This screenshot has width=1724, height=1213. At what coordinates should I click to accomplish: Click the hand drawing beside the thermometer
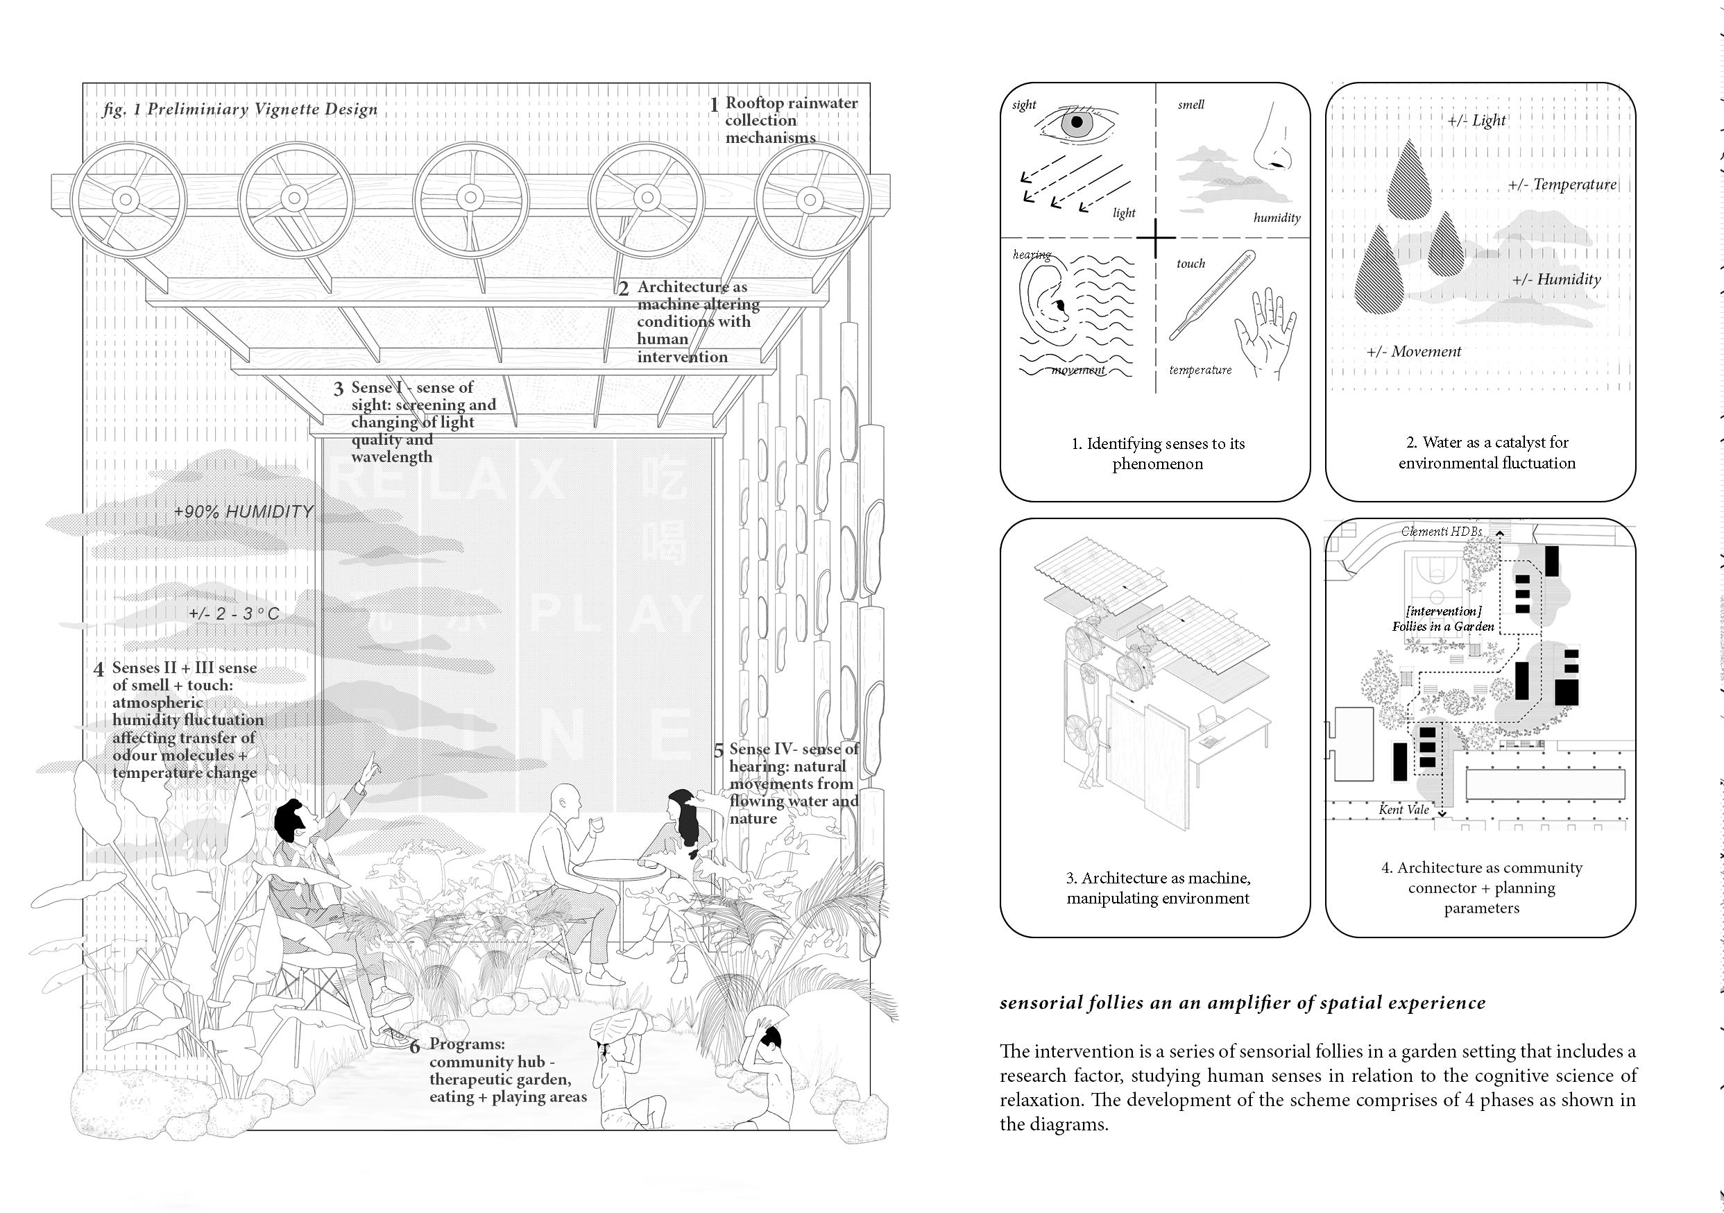pyautogui.click(x=1268, y=330)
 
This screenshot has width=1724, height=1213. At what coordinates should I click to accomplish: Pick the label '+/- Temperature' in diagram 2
pyautogui.click(x=1562, y=185)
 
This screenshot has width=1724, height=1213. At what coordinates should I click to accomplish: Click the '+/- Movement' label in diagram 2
pyautogui.click(x=1414, y=352)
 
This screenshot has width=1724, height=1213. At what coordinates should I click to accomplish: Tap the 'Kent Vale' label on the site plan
pyautogui.click(x=1403, y=810)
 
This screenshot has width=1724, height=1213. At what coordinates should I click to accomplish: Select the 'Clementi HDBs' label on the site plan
pyautogui.click(x=1442, y=532)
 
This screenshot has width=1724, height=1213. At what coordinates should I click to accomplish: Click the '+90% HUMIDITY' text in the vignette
pyautogui.click(x=244, y=512)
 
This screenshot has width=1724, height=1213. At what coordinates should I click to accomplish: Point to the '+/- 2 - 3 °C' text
pyautogui.click(x=234, y=613)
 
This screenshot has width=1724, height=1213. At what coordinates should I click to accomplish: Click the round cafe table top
pyautogui.click(x=619, y=867)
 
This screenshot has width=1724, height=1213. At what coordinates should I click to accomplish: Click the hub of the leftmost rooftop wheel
pyautogui.click(x=126, y=200)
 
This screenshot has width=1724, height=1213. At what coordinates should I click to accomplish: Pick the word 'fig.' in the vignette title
pyautogui.click(x=115, y=110)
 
